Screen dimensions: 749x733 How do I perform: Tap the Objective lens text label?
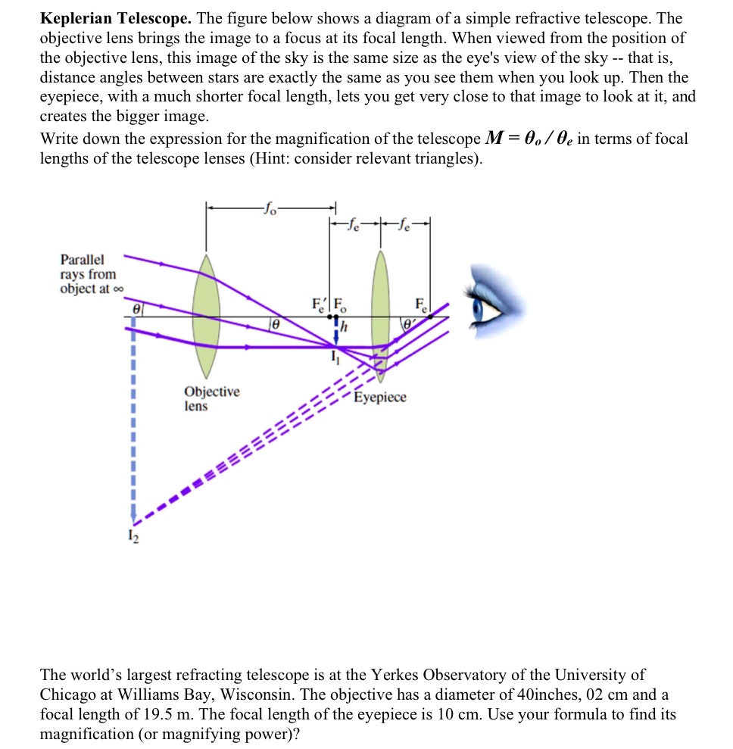[211, 398]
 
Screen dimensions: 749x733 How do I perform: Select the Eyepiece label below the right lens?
[380, 398]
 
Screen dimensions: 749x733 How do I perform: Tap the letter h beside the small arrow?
[344, 327]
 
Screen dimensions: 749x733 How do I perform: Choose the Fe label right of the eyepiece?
[420, 306]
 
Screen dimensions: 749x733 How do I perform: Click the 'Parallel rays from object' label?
[89, 274]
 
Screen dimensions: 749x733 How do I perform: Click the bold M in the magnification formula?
[491, 139]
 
